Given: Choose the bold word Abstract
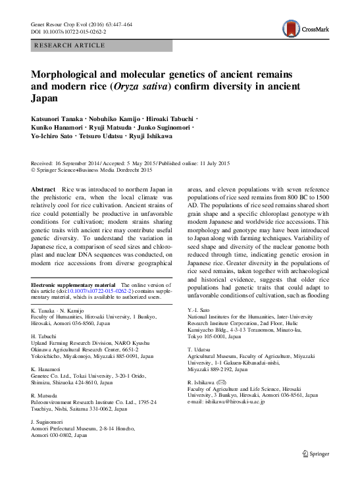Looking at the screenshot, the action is coord(43,189).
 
